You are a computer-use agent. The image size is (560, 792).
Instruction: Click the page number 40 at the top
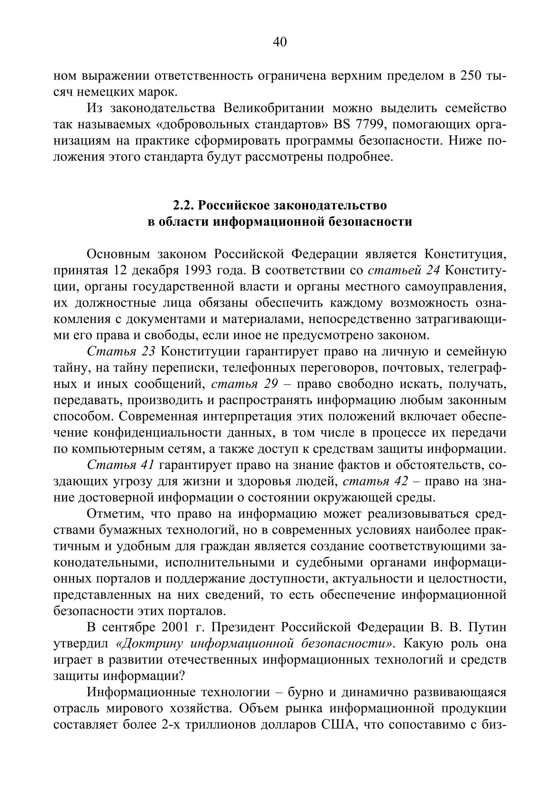[x=280, y=42]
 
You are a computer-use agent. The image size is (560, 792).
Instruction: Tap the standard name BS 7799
[x=359, y=125]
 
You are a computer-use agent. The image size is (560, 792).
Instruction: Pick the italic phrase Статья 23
[x=121, y=352]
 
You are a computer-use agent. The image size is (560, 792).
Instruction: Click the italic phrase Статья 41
[x=120, y=465]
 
